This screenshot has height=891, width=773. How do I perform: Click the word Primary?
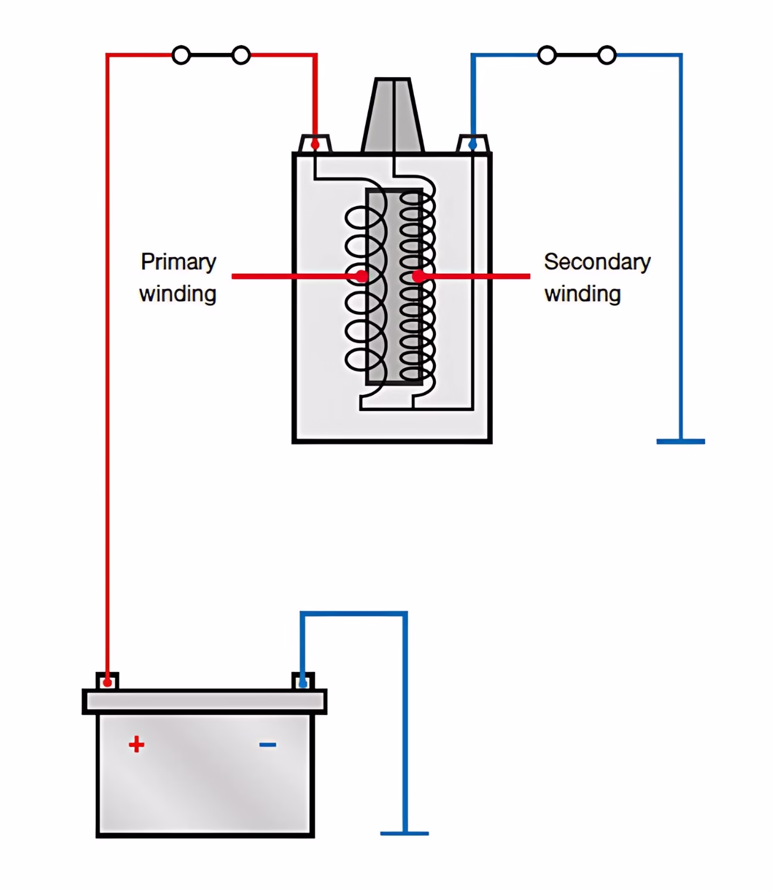[178, 263]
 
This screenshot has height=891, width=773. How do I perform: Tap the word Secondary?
[598, 261]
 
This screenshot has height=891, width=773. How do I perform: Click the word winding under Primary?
[177, 294]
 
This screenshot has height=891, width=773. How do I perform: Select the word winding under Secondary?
[582, 294]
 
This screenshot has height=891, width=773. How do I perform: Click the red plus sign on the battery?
[136, 744]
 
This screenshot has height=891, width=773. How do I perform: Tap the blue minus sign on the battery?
[268, 744]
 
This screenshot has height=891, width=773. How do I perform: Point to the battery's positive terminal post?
[108, 681]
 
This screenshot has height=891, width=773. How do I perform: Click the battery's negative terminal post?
[303, 681]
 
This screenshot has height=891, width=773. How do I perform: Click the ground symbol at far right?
[681, 441]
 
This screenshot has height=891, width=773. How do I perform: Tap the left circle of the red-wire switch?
[181, 55]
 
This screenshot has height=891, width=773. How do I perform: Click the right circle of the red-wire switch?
[241, 55]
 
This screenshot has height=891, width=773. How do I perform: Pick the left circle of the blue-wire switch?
[547, 55]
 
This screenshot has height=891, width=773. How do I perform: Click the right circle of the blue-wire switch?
[607, 55]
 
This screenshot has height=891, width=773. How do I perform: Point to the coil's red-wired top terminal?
[315, 144]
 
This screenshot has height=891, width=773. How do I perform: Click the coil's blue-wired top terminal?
[473, 144]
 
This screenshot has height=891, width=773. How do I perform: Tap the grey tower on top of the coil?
[392, 115]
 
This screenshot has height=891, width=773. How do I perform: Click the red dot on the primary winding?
[362, 276]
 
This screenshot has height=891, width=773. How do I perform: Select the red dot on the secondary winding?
[418, 276]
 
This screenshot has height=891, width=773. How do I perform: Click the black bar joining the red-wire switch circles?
[211, 55]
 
